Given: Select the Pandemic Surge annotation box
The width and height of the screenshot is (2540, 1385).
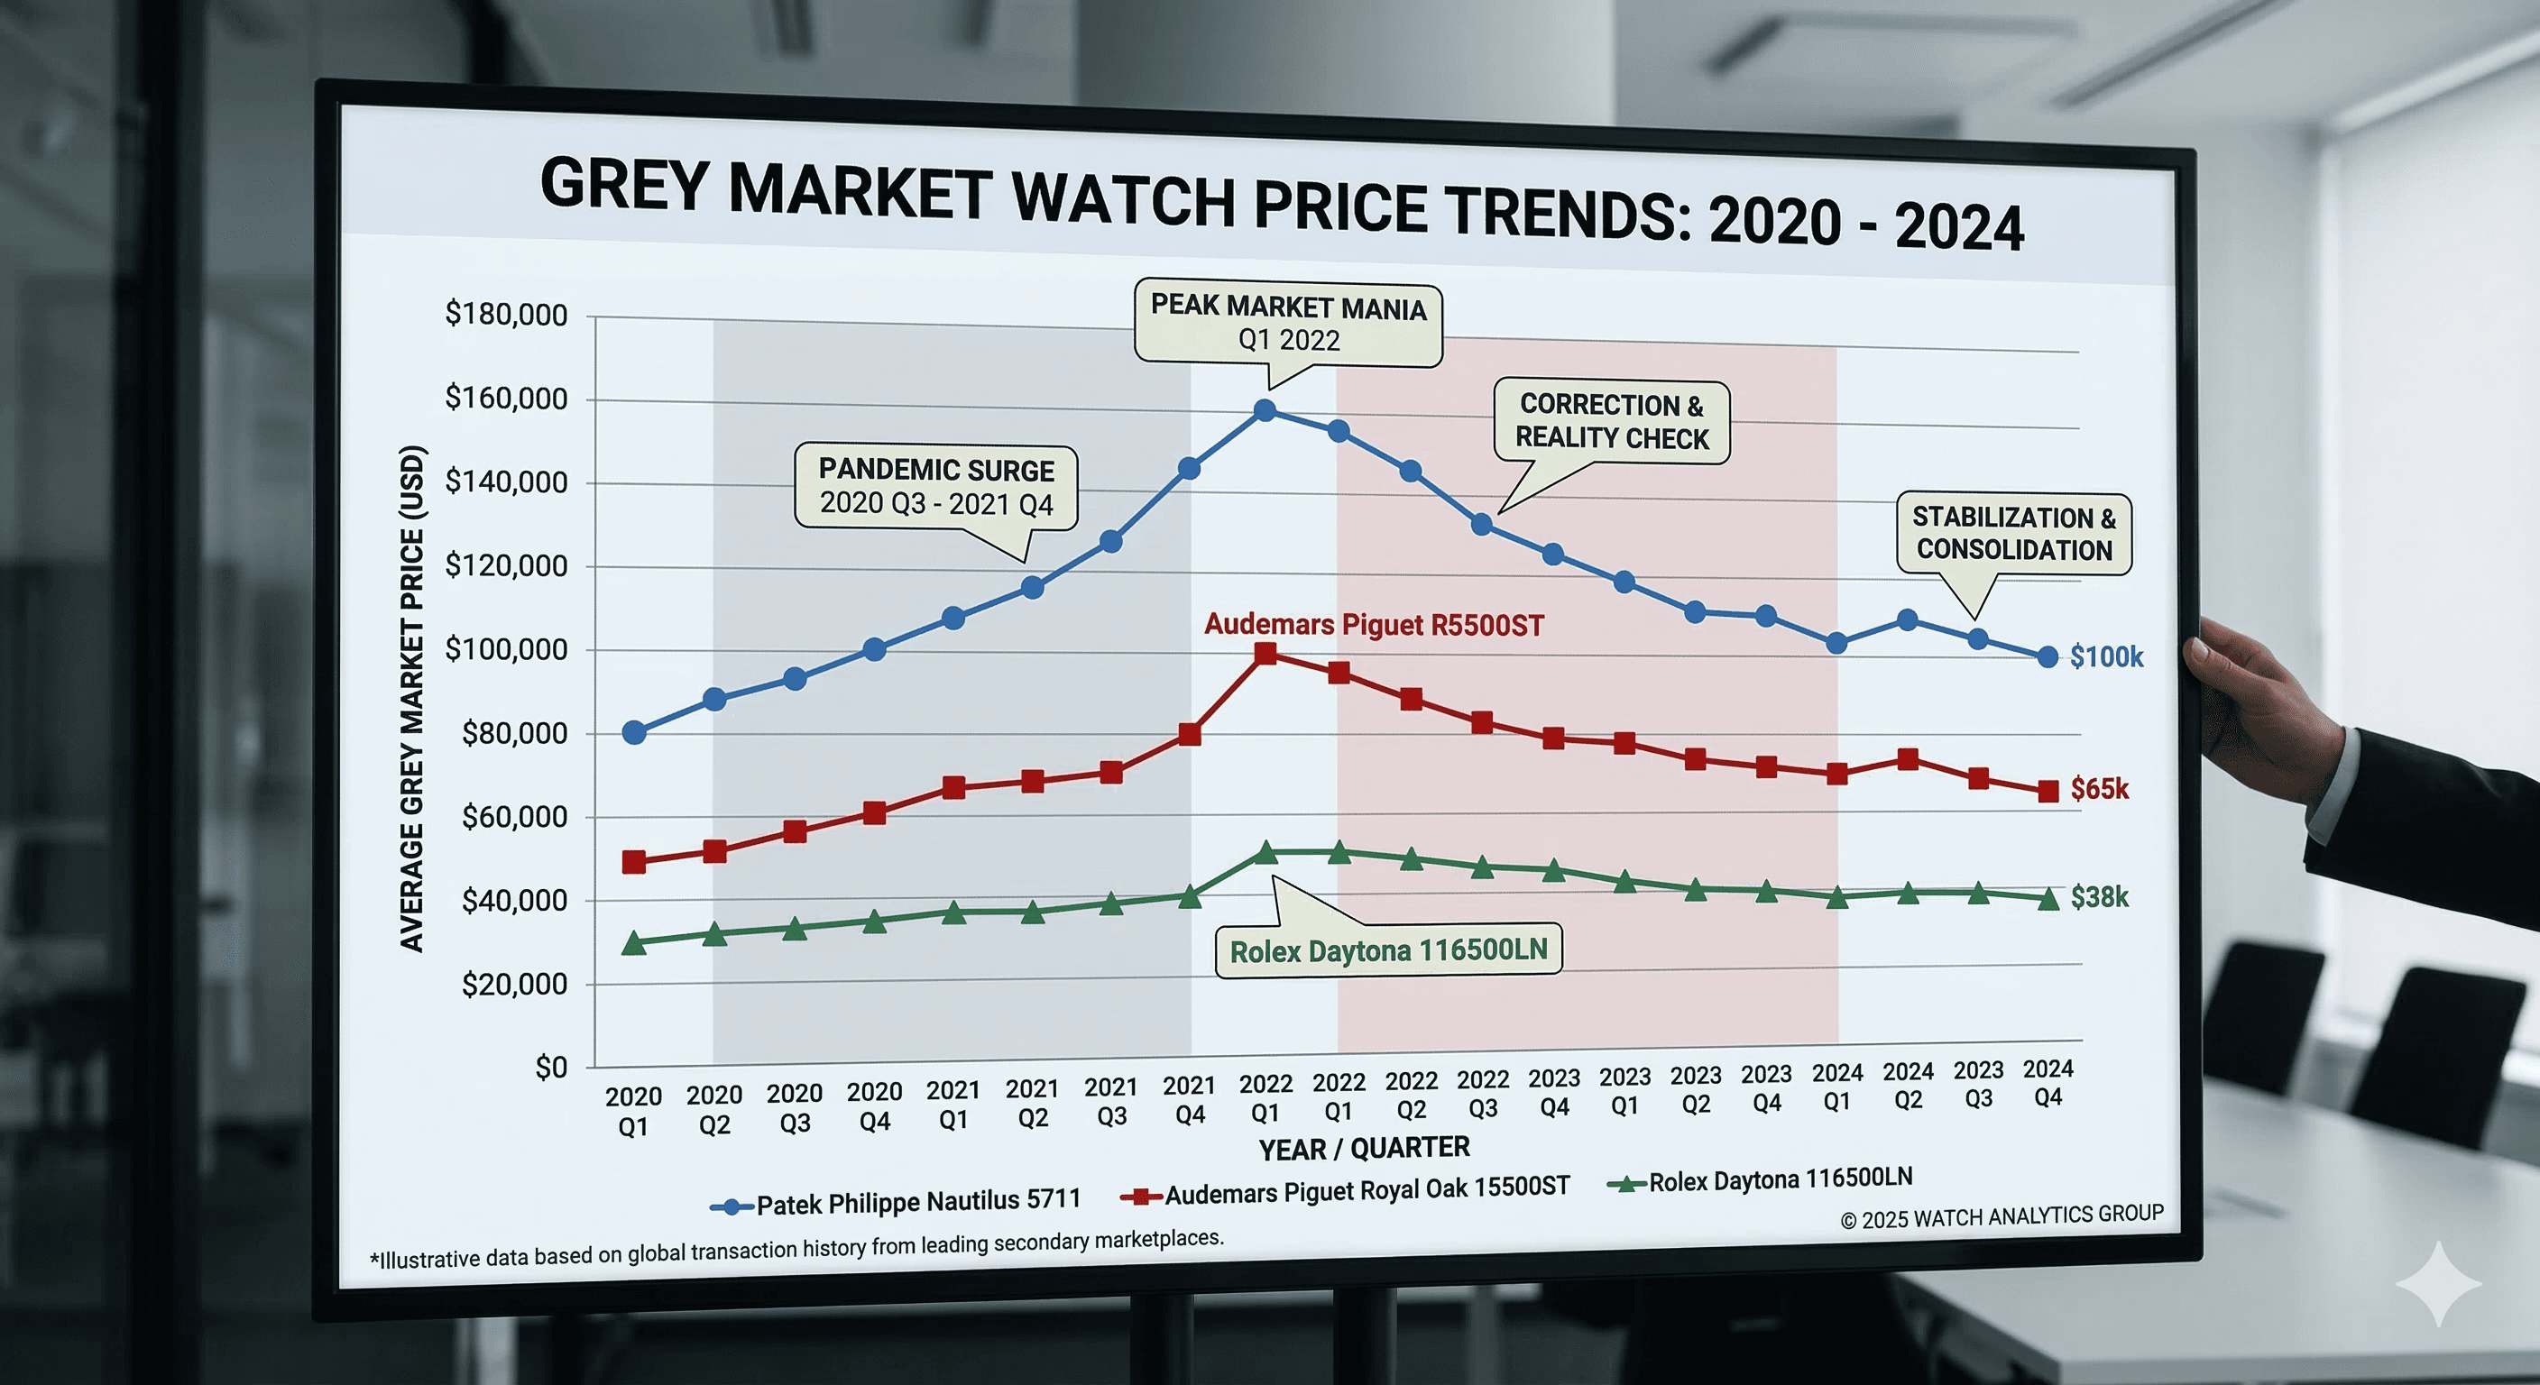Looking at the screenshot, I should [935, 486].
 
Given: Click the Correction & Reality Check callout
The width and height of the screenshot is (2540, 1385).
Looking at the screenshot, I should [1611, 422].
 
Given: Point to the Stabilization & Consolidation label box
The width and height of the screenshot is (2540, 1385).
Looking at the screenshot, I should [2013, 533].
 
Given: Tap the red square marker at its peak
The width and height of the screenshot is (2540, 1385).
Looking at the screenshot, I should [1266, 654].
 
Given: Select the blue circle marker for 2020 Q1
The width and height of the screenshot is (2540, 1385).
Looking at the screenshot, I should [634, 732].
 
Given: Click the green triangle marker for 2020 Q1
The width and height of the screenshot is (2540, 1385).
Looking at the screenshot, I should [634, 943].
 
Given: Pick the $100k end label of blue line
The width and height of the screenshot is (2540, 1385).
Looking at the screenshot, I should [2105, 656].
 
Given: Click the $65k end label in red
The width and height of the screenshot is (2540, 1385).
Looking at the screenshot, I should [2098, 789].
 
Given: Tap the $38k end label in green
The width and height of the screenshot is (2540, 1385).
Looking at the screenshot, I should [2098, 897].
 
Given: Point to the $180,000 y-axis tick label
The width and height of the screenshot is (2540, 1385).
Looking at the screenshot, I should [506, 315].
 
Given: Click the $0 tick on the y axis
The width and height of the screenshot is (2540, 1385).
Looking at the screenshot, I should [550, 1068].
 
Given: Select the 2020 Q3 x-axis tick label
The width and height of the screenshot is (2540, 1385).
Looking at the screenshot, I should [795, 1108].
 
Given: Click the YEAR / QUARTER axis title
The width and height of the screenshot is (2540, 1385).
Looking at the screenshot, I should [1364, 1149].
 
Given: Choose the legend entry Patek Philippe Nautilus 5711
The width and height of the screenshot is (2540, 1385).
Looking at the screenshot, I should [917, 1202].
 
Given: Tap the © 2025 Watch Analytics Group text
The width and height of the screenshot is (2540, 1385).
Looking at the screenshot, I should [2002, 1216].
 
